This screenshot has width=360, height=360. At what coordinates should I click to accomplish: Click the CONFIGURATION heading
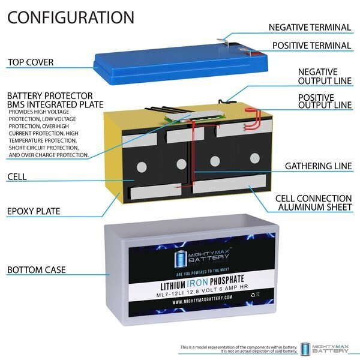pyautogui.click(x=71, y=17)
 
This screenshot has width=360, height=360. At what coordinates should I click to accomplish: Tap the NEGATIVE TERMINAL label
pyautogui.click(x=310, y=28)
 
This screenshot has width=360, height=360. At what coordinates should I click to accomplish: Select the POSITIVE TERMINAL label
pyautogui.click(x=312, y=46)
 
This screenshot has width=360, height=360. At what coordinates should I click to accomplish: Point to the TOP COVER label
pyautogui.click(x=31, y=62)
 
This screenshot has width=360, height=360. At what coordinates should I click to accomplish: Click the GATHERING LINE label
pyautogui.click(x=319, y=166)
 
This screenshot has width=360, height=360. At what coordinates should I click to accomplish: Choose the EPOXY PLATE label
pyautogui.click(x=34, y=211)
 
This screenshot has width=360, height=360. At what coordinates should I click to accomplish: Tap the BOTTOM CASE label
pyautogui.click(x=37, y=270)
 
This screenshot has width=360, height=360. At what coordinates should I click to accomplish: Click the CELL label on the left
pyautogui.click(x=17, y=177)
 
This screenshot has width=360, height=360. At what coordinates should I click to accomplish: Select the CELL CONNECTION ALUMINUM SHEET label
pyautogui.click(x=314, y=203)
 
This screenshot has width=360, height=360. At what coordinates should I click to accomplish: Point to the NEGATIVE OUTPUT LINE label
pyautogui.click(x=325, y=76)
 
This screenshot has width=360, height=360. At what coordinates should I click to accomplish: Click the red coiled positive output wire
pyautogui.click(x=254, y=118)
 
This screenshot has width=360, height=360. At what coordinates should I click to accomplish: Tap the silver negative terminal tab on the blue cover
pyautogui.click(x=223, y=42)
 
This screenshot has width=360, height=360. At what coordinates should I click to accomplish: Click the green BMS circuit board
pyautogui.click(x=194, y=116)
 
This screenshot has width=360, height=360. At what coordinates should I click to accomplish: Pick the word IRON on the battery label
pyautogui.click(x=197, y=283)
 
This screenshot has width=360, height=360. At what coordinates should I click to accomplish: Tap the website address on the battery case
pyautogui.click(x=202, y=299)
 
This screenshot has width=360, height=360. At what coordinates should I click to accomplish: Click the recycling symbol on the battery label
pyautogui.click(x=253, y=295)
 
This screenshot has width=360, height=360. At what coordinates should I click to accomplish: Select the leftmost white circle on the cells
pyautogui.click(x=142, y=167)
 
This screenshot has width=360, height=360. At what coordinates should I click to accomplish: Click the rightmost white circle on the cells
pyautogui.click(x=255, y=158)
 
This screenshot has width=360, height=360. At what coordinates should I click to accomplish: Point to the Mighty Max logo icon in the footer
pyautogui.click(x=305, y=348)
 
